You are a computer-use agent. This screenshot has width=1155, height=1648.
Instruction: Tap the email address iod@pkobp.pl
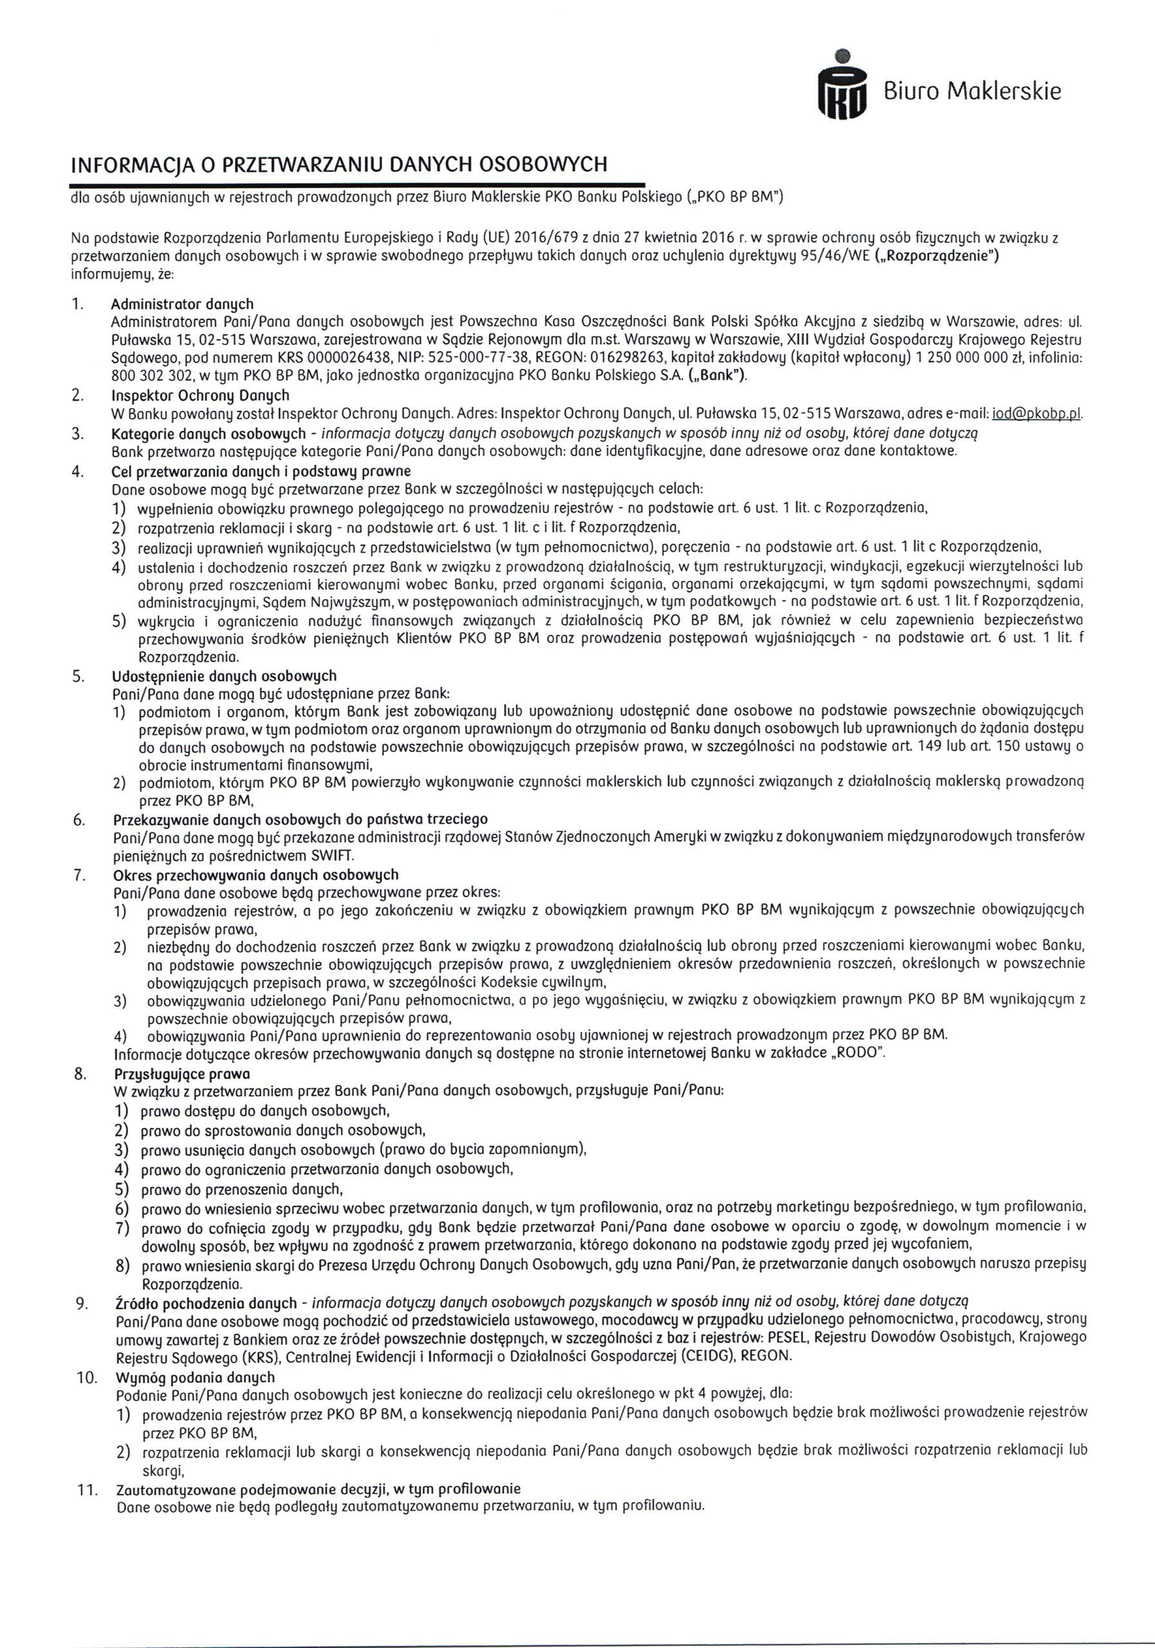coord(1035,414)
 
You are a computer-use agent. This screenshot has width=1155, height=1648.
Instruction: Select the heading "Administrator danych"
coord(182,304)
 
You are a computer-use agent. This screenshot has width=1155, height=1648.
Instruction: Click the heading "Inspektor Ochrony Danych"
coord(200,395)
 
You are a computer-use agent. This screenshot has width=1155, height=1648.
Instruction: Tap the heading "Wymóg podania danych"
coord(194,1377)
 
